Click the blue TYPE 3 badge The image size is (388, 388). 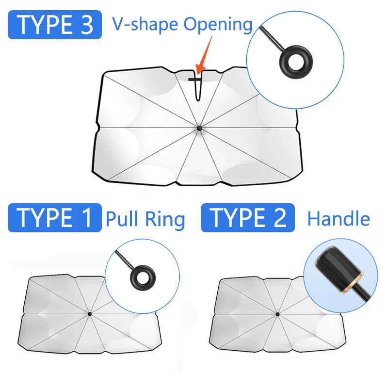point(55,25)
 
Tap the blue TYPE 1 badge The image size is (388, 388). point(55,218)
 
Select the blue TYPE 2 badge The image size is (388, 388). point(248,218)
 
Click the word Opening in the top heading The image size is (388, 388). point(218,25)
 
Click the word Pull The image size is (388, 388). point(122,219)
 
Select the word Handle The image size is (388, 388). point(339,219)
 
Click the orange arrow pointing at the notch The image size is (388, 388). point(205,54)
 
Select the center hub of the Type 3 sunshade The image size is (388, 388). point(199,128)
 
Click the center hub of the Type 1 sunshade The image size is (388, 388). point(90,314)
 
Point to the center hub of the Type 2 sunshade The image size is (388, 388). point(277,314)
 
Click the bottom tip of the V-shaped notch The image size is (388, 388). point(198,100)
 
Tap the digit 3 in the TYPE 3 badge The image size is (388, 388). point(87,25)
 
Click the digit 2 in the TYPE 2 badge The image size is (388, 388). point(280,217)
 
